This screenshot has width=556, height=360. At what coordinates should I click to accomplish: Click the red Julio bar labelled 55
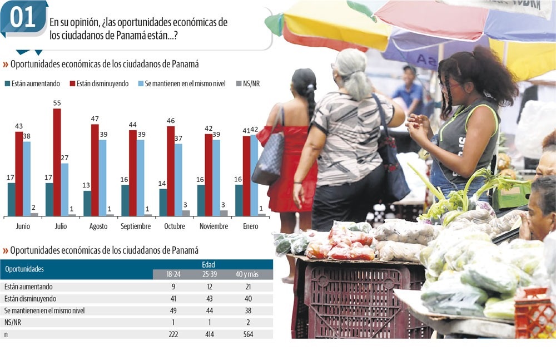[x=57, y=162]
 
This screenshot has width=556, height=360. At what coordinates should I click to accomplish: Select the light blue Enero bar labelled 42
[x=254, y=175]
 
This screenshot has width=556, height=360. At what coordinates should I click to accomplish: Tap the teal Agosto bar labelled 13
[x=87, y=203]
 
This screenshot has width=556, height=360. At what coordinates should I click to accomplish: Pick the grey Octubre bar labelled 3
[x=186, y=213]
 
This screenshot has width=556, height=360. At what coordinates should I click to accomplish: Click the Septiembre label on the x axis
[x=136, y=226]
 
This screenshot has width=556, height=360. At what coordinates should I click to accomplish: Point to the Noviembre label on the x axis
[x=214, y=226]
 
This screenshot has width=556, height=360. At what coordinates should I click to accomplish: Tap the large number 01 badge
[x=23, y=18]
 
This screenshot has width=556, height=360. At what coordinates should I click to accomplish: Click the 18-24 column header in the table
[x=173, y=275]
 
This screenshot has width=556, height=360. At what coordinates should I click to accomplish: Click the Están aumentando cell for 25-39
[x=209, y=287]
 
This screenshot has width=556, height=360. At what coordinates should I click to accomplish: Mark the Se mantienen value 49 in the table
[x=173, y=310]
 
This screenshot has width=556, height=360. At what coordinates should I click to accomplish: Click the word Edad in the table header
[x=209, y=265]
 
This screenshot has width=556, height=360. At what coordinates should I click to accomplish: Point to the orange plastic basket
[x=534, y=314]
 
